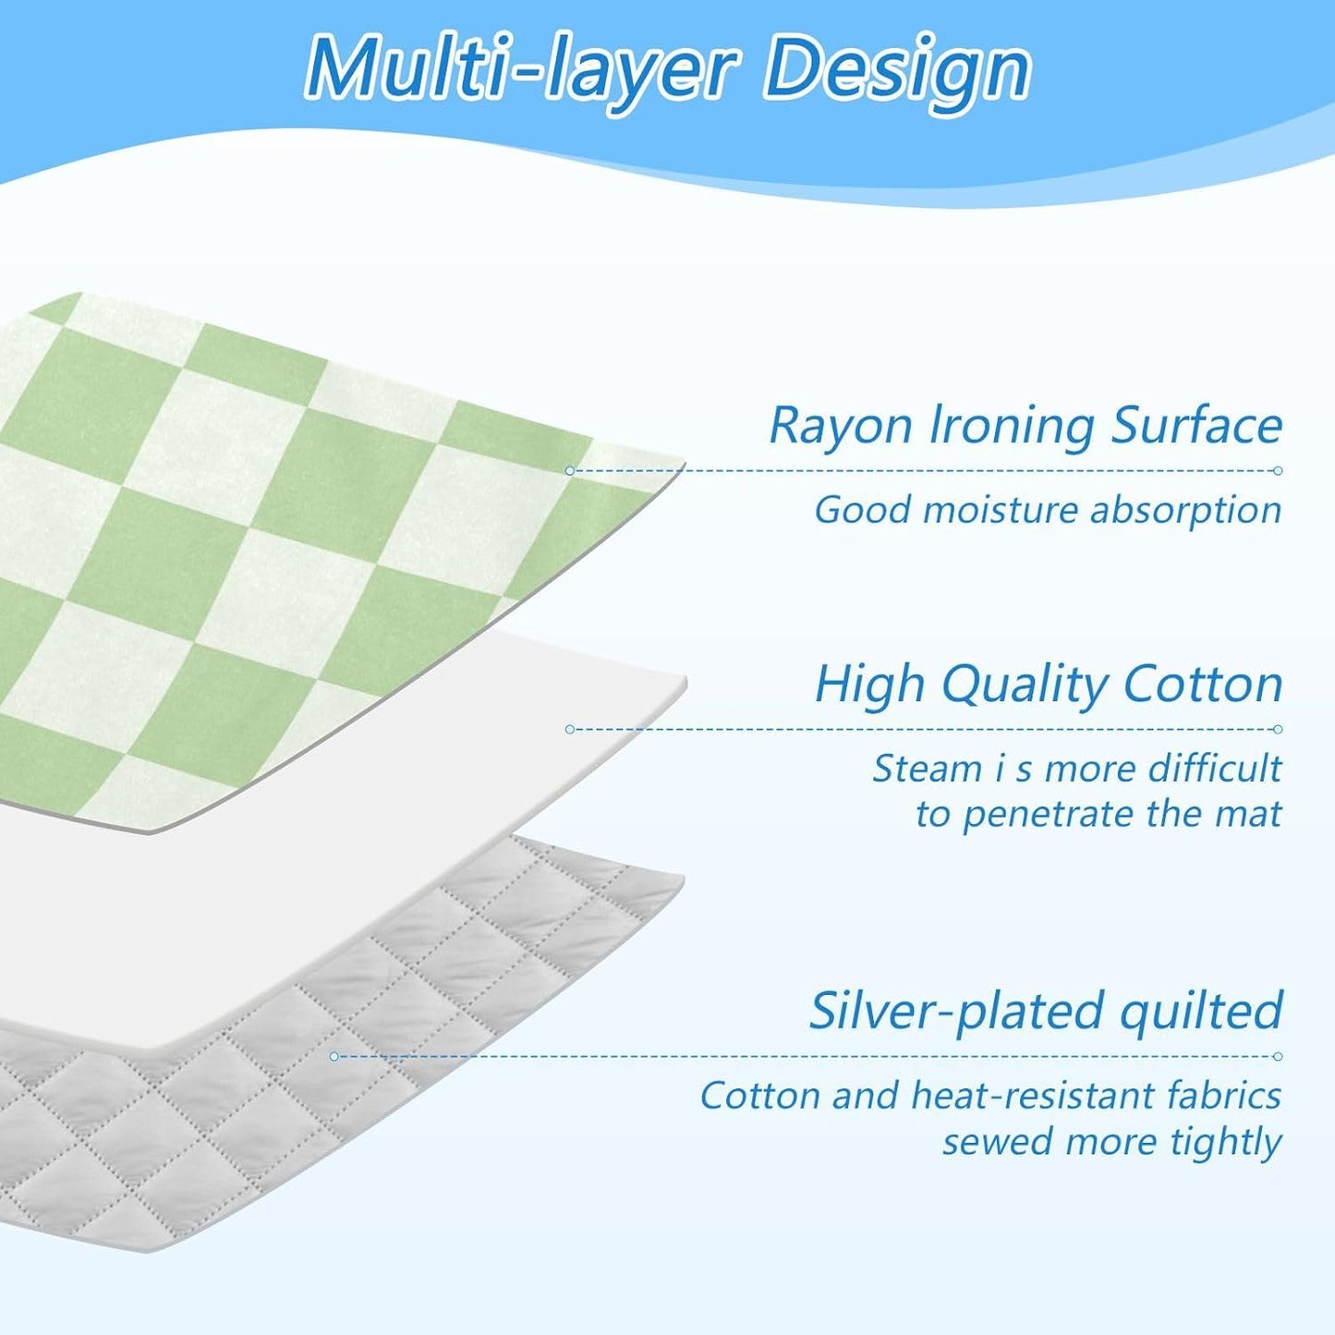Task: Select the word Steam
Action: (x=928, y=768)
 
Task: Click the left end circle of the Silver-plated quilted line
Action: (x=334, y=1056)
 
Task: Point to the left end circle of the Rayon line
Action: (x=569, y=471)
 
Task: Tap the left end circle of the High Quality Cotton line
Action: (x=569, y=729)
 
